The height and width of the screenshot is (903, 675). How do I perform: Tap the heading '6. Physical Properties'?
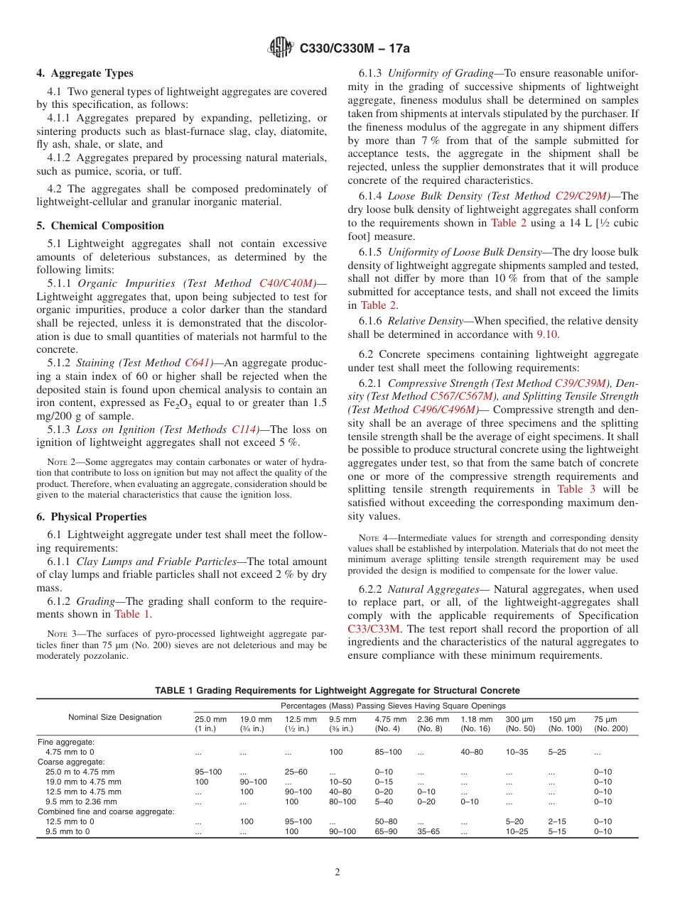[x=92, y=517]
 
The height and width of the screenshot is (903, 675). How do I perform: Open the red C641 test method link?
[x=199, y=362]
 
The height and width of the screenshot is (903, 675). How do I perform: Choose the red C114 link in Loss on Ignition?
[x=245, y=429]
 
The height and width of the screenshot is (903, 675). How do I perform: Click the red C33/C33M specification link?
[x=374, y=628]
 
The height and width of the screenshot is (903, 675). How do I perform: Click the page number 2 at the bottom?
[x=337, y=872]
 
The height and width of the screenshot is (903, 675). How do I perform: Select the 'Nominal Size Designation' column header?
[x=115, y=717]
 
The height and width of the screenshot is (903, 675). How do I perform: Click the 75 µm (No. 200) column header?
[x=610, y=724]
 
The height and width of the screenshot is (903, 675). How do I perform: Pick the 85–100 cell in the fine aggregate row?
[x=389, y=751]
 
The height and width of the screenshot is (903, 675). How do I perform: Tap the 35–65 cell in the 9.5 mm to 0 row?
[x=430, y=831]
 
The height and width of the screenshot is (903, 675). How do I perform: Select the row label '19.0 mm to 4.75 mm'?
[x=82, y=782]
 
